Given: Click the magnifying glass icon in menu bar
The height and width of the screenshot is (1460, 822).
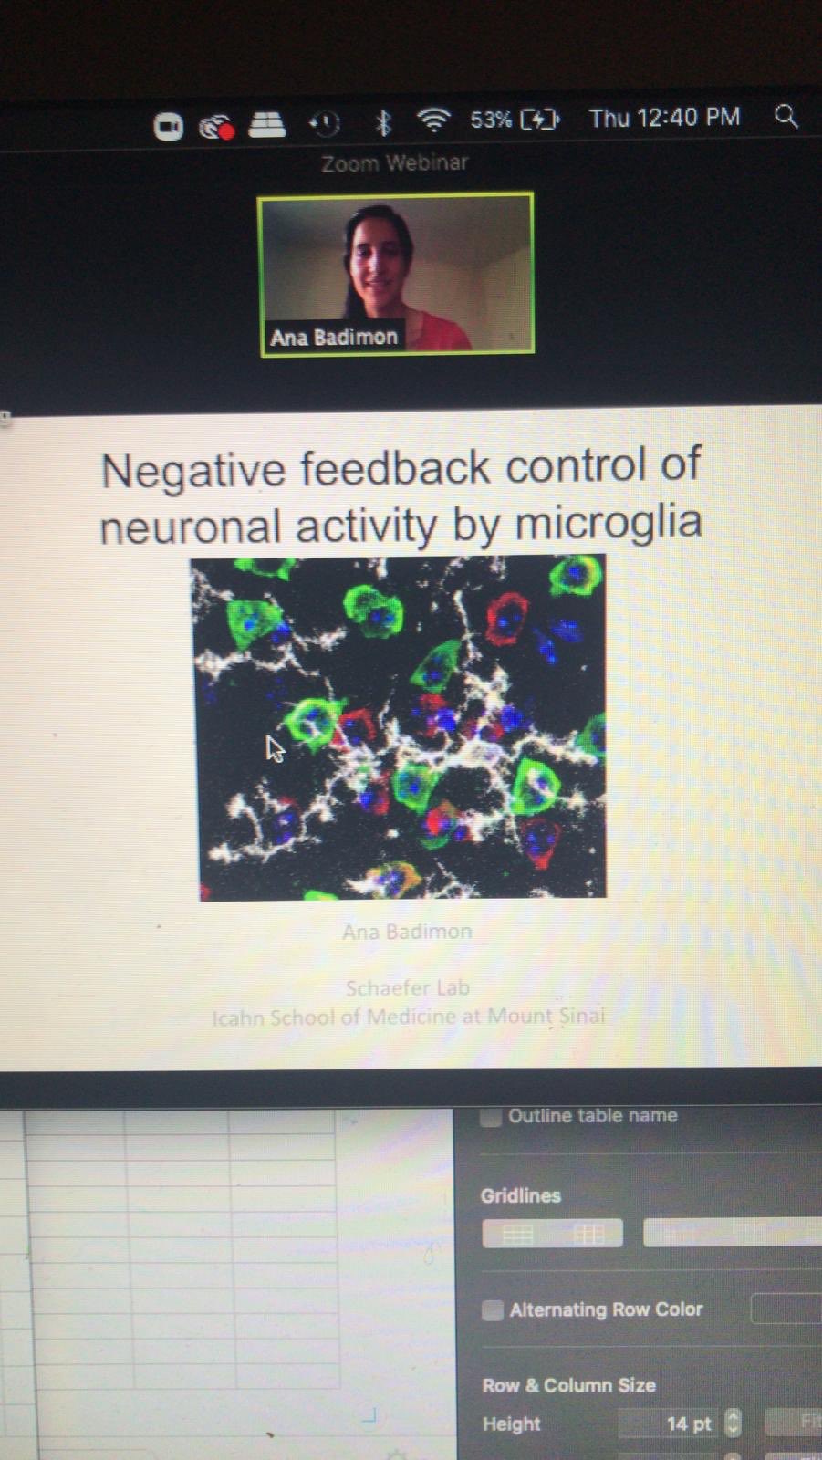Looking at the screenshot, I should click(x=786, y=117).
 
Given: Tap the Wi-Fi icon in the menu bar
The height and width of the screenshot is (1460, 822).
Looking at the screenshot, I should click(x=433, y=120).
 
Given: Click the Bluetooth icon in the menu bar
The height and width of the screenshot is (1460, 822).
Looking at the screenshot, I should click(x=383, y=121).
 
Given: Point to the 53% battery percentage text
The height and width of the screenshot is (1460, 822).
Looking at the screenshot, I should click(x=491, y=120).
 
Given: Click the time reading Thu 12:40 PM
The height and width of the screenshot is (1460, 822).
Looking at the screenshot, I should click(x=664, y=118).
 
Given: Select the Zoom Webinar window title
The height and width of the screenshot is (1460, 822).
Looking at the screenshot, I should click(x=394, y=163).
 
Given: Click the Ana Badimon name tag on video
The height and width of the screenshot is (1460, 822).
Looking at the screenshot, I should click(x=334, y=337).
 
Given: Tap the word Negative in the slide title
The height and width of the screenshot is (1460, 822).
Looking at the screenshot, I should click(x=193, y=472).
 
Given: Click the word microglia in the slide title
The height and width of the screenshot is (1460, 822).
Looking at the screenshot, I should click(x=609, y=523).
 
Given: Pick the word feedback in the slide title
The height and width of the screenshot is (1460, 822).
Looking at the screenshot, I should click(x=395, y=468).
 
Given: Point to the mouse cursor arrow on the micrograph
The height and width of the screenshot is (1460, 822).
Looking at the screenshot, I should click(x=274, y=748).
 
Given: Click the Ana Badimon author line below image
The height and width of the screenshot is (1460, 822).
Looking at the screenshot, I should click(x=407, y=932).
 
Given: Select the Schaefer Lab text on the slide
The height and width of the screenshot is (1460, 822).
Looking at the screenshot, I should click(x=407, y=987).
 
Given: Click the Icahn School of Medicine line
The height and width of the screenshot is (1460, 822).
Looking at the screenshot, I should click(x=408, y=1017).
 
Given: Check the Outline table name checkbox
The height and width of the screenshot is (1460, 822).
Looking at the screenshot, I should click(x=491, y=1116).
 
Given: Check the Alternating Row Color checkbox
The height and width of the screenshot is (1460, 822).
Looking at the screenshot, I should click(x=492, y=1310).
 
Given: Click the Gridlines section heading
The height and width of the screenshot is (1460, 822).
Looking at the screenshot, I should click(x=520, y=1195).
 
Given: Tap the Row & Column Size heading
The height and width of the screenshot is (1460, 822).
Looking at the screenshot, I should click(x=568, y=1385).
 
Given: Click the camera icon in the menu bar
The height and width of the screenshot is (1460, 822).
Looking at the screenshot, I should click(x=169, y=127).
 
